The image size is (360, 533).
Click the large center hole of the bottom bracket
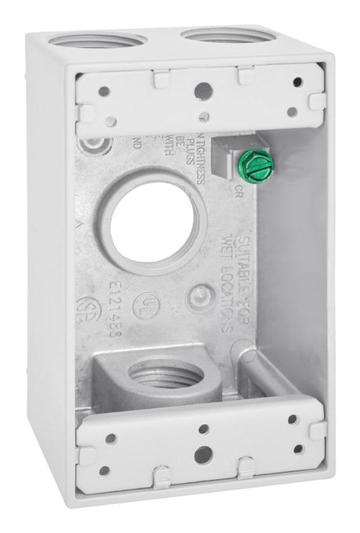pos(202,453)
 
